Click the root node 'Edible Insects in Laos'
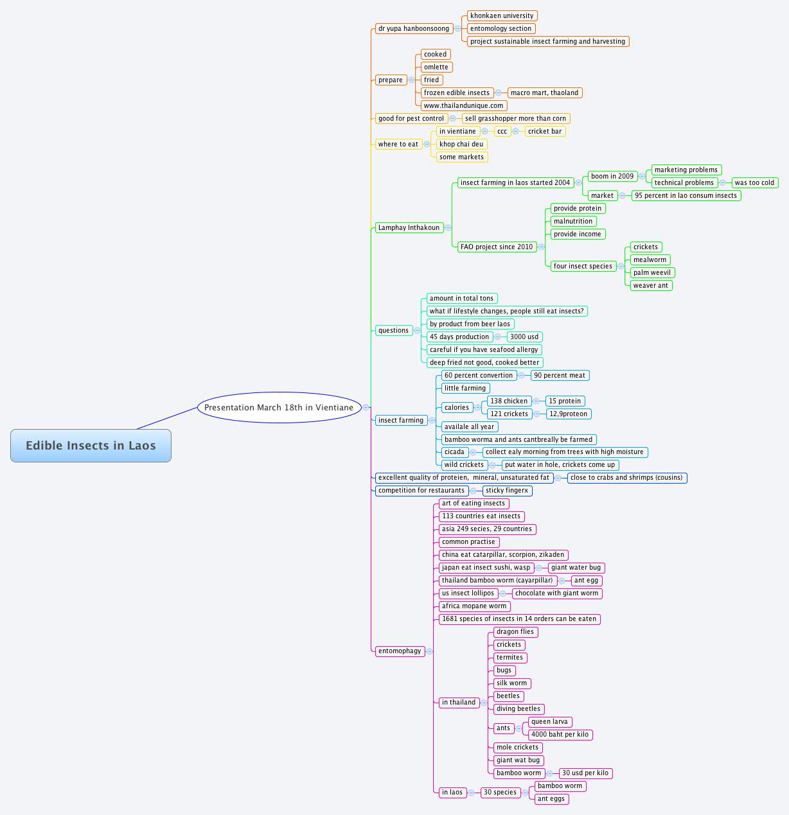[x=91, y=446]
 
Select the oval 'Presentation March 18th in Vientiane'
[x=279, y=407]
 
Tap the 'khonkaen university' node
[x=502, y=15]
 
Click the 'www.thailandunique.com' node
[x=463, y=105]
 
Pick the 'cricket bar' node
[x=545, y=131]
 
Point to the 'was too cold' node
[x=754, y=182]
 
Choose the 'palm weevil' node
[x=652, y=272]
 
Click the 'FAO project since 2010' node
[x=497, y=247]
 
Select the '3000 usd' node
[x=524, y=337]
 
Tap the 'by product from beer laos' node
[x=470, y=324]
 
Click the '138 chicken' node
[x=509, y=401]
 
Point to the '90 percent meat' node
[x=560, y=375]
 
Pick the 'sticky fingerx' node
[x=507, y=490]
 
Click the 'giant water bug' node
[x=576, y=567]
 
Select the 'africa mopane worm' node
[x=474, y=606]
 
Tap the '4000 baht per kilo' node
[x=560, y=734]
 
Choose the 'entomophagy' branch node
[x=400, y=651]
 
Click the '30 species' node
[x=500, y=792]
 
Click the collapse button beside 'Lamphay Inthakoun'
[x=448, y=227]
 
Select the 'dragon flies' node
[x=515, y=631]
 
